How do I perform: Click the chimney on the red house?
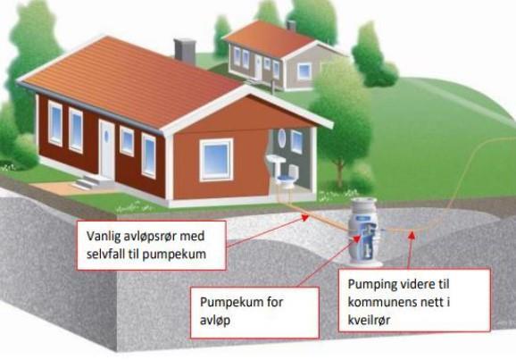click(x=185, y=51)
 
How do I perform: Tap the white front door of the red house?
click(x=107, y=150)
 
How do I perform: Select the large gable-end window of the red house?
click(x=216, y=160)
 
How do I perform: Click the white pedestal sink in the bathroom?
click(x=276, y=164)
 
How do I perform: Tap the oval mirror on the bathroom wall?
click(x=282, y=138)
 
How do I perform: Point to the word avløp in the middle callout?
click(x=215, y=321)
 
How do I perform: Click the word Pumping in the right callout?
click(x=370, y=285)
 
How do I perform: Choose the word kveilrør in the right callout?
click(x=369, y=320)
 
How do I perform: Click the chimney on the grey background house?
click(x=291, y=26)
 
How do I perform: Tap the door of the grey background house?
click(x=259, y=68)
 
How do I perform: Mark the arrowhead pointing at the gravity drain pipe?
click(x=305, y=217)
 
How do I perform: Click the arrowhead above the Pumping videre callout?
click(x=412, y=235)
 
